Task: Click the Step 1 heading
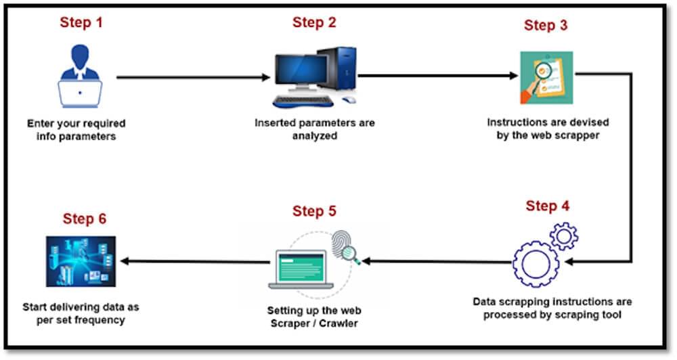pos(81,22)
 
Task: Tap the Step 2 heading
pos(314,22)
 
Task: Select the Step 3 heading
pos(546,26)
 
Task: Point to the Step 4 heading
pos(547,206)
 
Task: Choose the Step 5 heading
pos(314,211)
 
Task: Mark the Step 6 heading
pos(85,219)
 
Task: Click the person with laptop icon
pos(80,76)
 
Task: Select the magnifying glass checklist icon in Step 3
pos(546,78)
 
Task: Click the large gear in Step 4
pos(536,263)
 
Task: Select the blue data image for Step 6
pos(81,261)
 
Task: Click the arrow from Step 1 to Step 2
pos(193,78)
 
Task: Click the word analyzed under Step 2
pos(314,135)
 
